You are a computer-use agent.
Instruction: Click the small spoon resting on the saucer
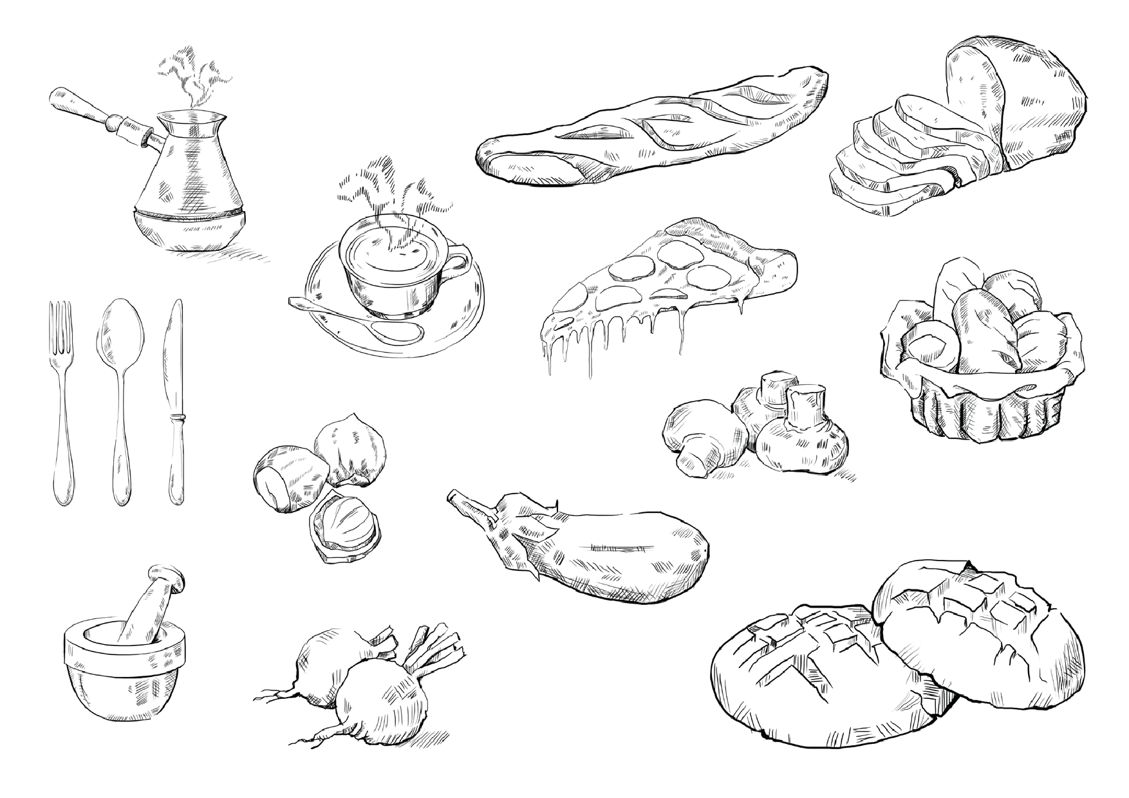(360, 322)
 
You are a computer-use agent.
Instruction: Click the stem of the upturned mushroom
(805, 405)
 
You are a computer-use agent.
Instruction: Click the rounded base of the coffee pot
(190, 232)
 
